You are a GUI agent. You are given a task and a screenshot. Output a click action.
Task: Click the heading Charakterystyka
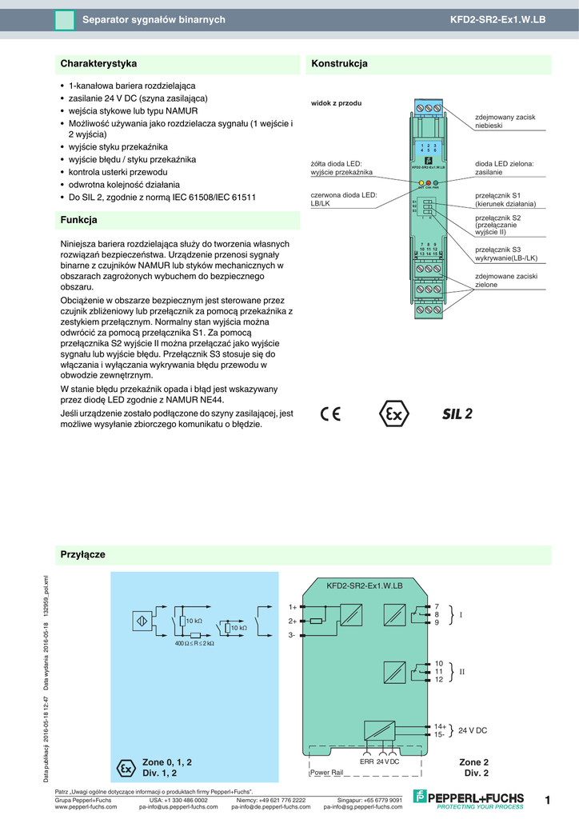click(x=99, y=63)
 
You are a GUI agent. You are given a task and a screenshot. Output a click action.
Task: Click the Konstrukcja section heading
click(x=339, y=63)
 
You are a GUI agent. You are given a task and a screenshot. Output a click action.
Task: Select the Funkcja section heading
click(x=79, y=219)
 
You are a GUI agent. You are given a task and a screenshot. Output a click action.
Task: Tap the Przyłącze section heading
click(x=83, y=554)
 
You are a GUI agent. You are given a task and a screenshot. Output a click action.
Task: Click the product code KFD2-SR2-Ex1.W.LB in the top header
click(x=509, y=19)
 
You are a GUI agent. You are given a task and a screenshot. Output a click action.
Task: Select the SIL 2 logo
click(x=457, y=413)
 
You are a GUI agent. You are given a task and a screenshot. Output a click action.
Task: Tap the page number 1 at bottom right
click(x=548, y=800)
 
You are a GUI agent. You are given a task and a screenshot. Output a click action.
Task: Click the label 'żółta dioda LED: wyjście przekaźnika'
click(x=341, y=168)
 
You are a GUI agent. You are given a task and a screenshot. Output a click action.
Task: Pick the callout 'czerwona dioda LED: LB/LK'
click(x=343, y=200)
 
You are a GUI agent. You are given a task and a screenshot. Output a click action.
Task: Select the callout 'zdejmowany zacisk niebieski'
click(x=504, y=122)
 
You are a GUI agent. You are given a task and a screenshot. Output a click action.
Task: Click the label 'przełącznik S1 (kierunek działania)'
click(x=505, y=200)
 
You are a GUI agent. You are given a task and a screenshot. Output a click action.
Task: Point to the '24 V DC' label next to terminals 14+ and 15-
click(x=473, y=730)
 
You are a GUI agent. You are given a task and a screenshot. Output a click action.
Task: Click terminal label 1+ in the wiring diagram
click(x=292, y=607)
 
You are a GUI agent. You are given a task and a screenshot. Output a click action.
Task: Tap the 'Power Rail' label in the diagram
click(x=326, y=773)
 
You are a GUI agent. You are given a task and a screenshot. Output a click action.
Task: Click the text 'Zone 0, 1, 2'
click(x=166, y=761)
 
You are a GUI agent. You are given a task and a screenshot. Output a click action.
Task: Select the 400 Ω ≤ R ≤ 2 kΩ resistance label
click(x=194, y=643)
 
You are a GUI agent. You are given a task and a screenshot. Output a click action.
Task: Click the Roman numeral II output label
click(x=461, y=672)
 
